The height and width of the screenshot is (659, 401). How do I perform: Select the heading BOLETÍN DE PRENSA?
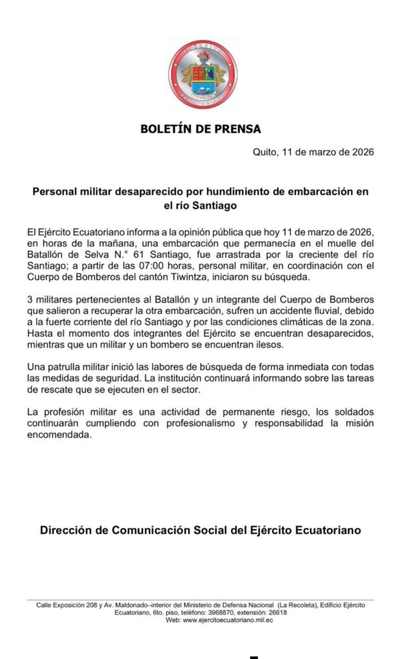[x=200, y=129]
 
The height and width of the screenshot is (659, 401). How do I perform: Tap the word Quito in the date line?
[x=265, y=153]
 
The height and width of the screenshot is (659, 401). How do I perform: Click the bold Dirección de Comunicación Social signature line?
[x=200, y=530]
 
